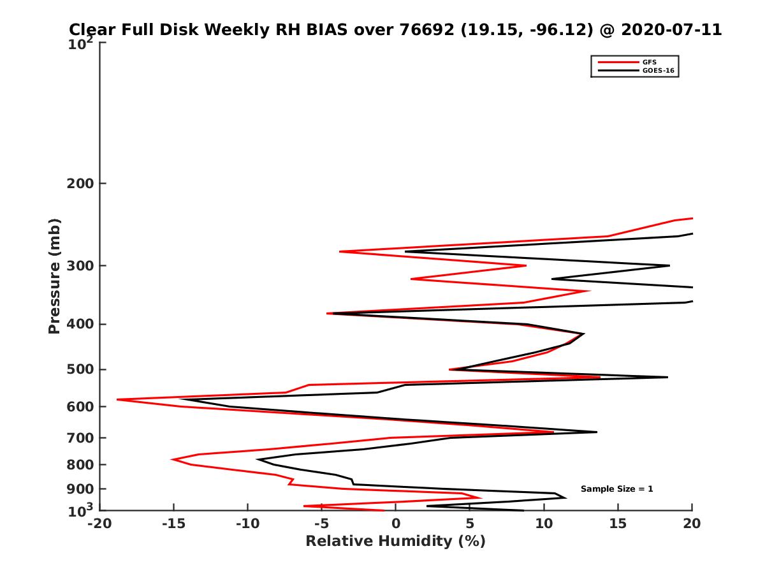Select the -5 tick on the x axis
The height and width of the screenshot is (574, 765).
pos(321,524)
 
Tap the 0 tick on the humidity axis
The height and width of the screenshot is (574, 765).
pos(396,524)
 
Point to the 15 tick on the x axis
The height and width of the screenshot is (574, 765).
pos(618,524)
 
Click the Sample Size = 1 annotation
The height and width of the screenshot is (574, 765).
pos(616,489)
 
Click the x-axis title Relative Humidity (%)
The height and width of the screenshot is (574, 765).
pos(395,541)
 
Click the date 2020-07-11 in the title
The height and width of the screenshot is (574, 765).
pos(671,30)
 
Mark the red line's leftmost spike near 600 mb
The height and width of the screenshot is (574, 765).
pos(118,400)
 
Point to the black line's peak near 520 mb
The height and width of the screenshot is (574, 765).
pos(667,378)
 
